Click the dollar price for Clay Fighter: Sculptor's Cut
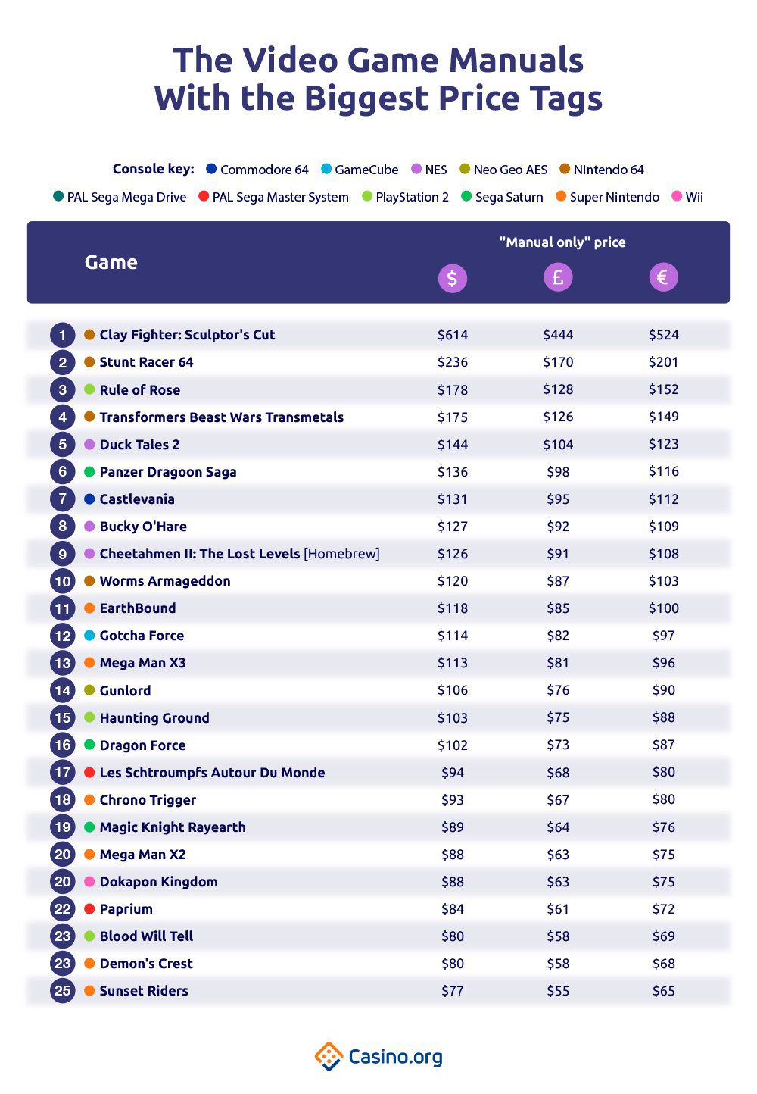point(453,335)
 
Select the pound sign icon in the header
point(558,277)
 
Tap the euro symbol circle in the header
point(663,277)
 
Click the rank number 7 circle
point(63,499)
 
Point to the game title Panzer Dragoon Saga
point(168,472)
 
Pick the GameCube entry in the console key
point(360,170)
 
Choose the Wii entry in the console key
point(688,197)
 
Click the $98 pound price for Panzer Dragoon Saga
point(558,472)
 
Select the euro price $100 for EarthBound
point(663,608)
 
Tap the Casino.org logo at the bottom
point(378,1056)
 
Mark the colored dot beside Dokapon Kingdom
point(89,882)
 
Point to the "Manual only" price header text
point(562,242)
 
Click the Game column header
point(111,262)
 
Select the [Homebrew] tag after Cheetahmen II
point(341,554)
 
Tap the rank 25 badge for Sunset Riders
point(63,991)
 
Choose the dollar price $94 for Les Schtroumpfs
point(453,773)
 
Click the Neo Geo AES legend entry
point(503,170)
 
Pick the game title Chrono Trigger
point(148,800)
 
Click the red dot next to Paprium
point(89,909)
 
